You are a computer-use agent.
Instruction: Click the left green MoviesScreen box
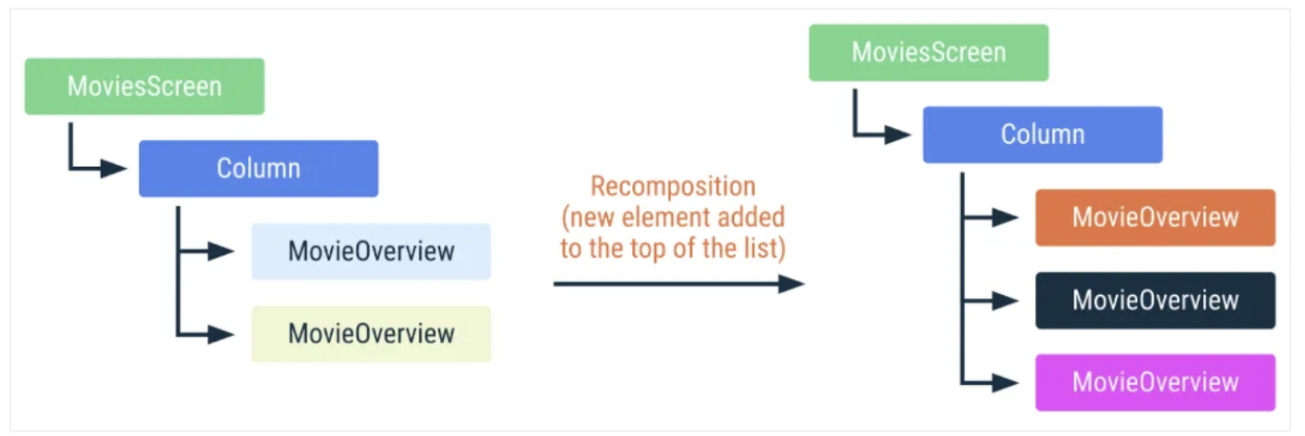(x=145, y=87)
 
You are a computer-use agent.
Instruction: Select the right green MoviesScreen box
(x=929, y=53)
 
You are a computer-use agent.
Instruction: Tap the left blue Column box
(x=259, y=169)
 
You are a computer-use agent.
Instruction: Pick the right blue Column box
(x=1043, y=135)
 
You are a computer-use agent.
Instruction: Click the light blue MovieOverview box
(x=371, y=251)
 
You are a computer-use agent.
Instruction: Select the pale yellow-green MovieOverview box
(x=371, y=334)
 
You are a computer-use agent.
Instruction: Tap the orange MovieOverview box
(x=1155, y=218)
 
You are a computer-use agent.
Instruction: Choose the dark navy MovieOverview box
(x=1155, y=301)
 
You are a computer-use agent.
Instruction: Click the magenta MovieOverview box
(x=1155, y=382)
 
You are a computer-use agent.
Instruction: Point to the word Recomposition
(x=673, y=186)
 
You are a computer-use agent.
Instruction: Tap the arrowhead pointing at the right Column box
(x=898, y=135)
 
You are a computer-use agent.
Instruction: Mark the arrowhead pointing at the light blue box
(x=222, y=251)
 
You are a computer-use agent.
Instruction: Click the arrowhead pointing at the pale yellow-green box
(x=222, y=334)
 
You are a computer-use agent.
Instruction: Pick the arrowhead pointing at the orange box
(x=1006, y=218)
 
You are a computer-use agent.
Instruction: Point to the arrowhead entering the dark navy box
(x=1006, y=301)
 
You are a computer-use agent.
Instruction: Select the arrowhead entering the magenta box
(x=1006, y=382)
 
